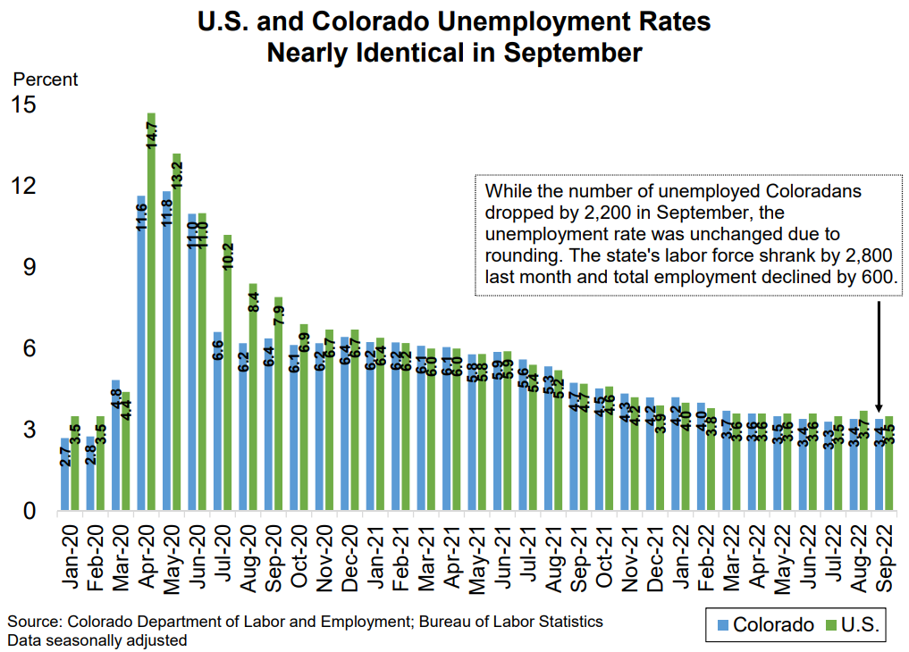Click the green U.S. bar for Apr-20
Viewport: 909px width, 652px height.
pos(151,313)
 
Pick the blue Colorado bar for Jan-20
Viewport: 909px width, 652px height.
pos(64,474)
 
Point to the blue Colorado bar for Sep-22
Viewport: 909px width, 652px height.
pos(879,464)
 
